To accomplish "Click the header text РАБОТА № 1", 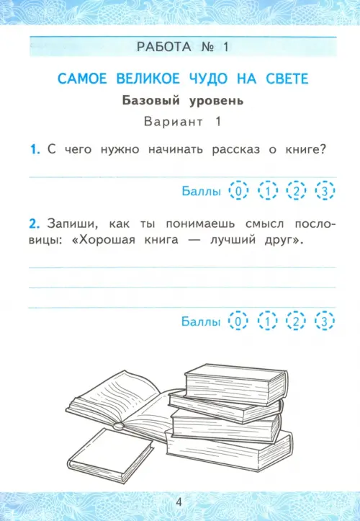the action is click(183, 47).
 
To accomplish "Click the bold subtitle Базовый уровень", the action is click(183, 100).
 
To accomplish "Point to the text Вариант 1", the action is click(183, 122).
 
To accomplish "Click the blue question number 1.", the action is click(35, 149).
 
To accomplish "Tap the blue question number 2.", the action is click(35, 224).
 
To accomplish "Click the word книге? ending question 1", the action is click(305, 150).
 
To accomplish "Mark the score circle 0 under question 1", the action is click(238, 190).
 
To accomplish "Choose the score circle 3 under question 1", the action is click(325, 190).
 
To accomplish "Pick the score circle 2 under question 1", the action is click(296, 190).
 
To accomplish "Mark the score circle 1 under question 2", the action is click(267, 321).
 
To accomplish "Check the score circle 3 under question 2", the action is click(325, 321).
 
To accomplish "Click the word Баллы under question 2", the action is click(201, 321).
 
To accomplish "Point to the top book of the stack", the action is click(235, 384).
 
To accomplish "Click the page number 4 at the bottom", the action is click(179, 502).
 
